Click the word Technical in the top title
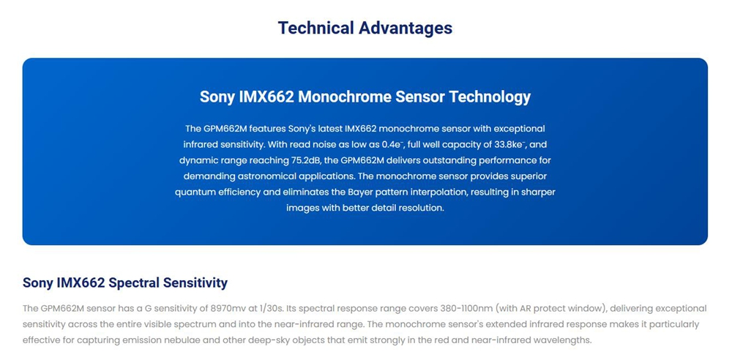click(x=315, y=28)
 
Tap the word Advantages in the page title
click(x=406, y=28)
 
